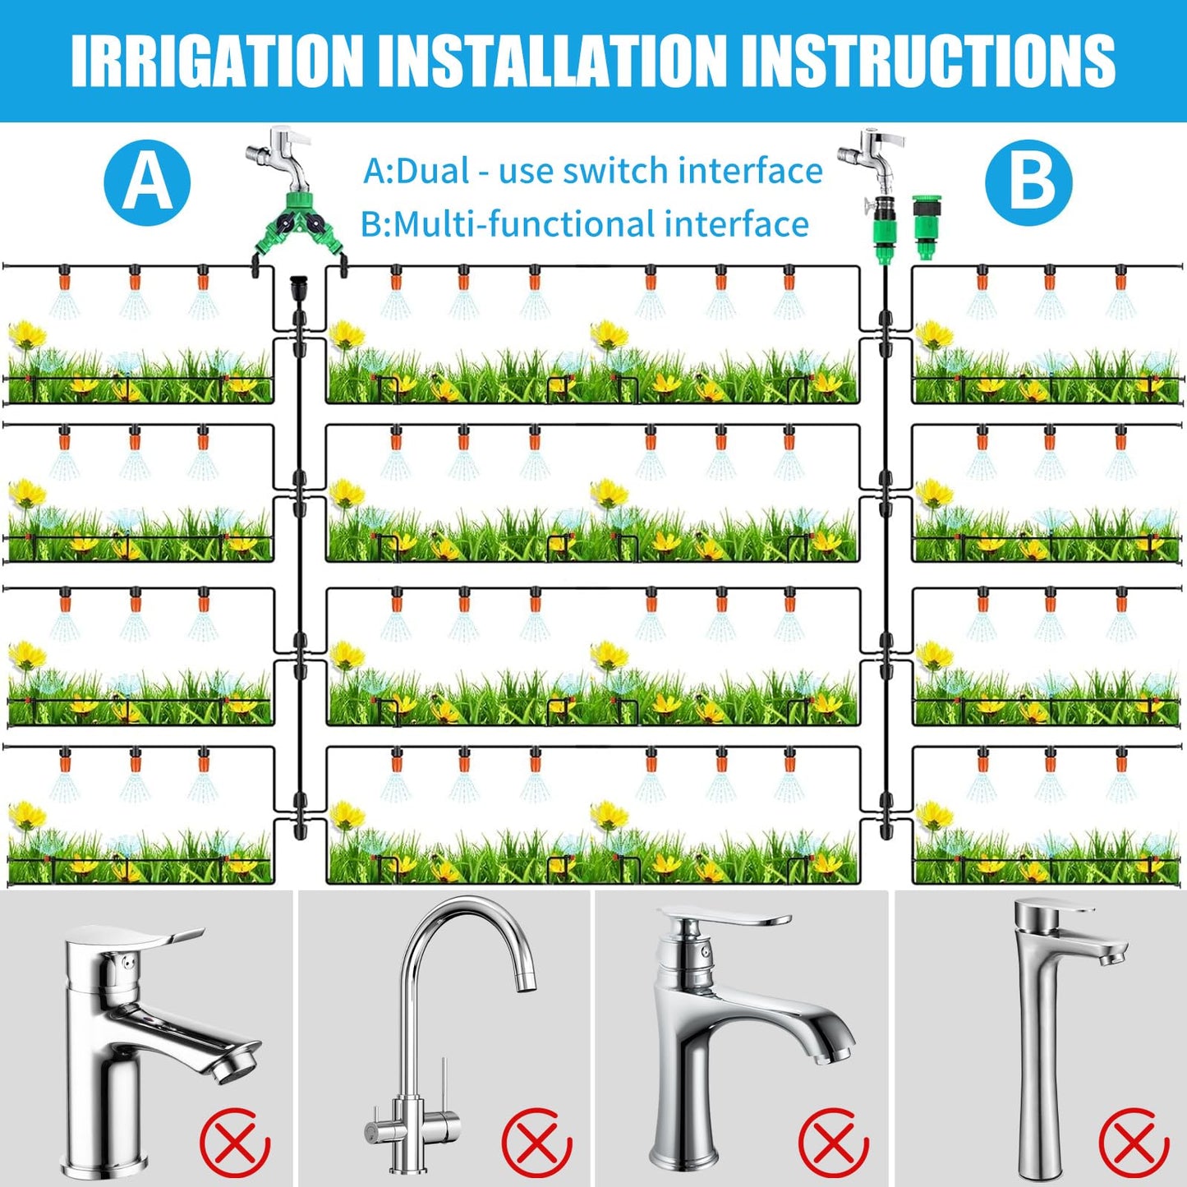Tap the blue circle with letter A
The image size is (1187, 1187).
coord(147,182)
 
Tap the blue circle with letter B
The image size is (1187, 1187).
coord(1028,182)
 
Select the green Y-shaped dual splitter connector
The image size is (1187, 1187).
coord(299,226)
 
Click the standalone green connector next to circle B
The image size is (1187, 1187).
coord(927,227)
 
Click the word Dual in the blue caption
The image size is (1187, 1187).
coord(433,171)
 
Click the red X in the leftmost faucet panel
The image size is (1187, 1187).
coord(235,1142)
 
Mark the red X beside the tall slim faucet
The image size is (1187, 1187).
coord(1134,1142)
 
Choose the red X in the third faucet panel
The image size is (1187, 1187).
coord(833,1142)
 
